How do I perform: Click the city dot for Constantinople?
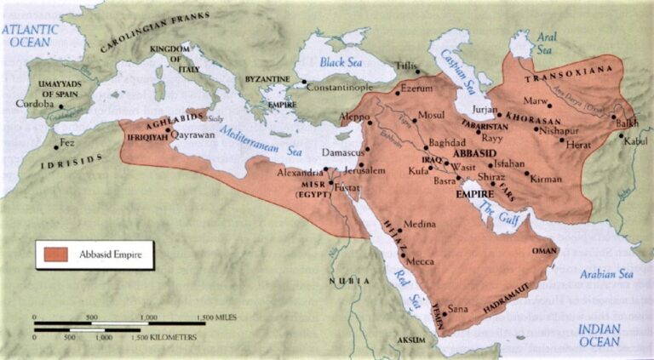point(305,82)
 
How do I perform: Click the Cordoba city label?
point(35,105)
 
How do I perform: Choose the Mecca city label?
point(422,262)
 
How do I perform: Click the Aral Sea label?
point(545,44)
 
